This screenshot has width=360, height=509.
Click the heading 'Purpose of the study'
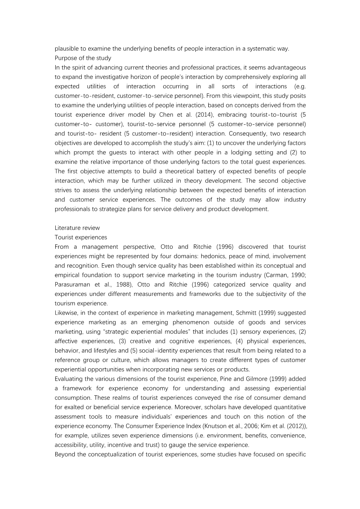click(83, 58)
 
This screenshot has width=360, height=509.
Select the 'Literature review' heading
click(77, 228)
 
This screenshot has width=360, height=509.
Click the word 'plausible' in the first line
click(67, 49)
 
